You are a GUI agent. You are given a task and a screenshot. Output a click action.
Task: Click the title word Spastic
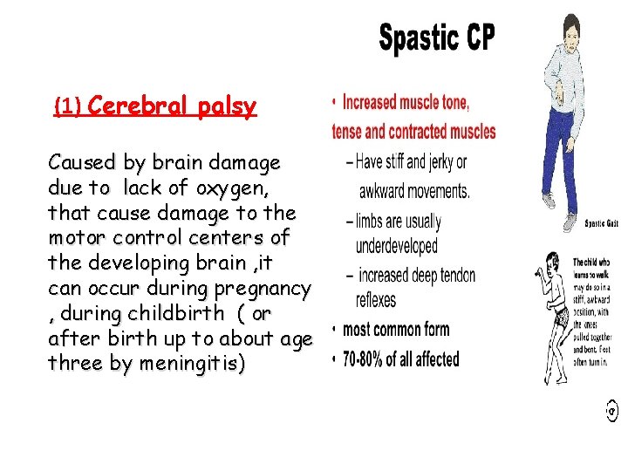pyautogui.click(x=418, y=39)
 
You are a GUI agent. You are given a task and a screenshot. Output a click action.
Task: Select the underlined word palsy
pyautogui.click(x=227, y=107)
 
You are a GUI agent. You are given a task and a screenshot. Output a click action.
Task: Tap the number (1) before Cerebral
pyautogui.click(x=67, y=108)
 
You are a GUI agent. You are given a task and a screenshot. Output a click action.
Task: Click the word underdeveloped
pyautogui.click(x=396, y=247)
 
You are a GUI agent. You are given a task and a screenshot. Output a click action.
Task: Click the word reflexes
pyautogui.click(x=375, y=300)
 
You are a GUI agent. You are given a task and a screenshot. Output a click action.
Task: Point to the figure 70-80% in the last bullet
pyautogui.click(x=365, y=359)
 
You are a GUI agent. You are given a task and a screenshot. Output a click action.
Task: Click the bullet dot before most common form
pyautogui.click(x=334, y=331)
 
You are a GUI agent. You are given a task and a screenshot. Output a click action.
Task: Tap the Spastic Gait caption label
pyautogui.click(x=602, y=222)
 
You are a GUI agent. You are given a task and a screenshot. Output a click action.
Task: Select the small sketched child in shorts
pyautogui.click(x=550, y=310)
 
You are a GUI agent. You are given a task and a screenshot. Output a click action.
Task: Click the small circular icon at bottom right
pyautogui.click(x=611, y=407)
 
